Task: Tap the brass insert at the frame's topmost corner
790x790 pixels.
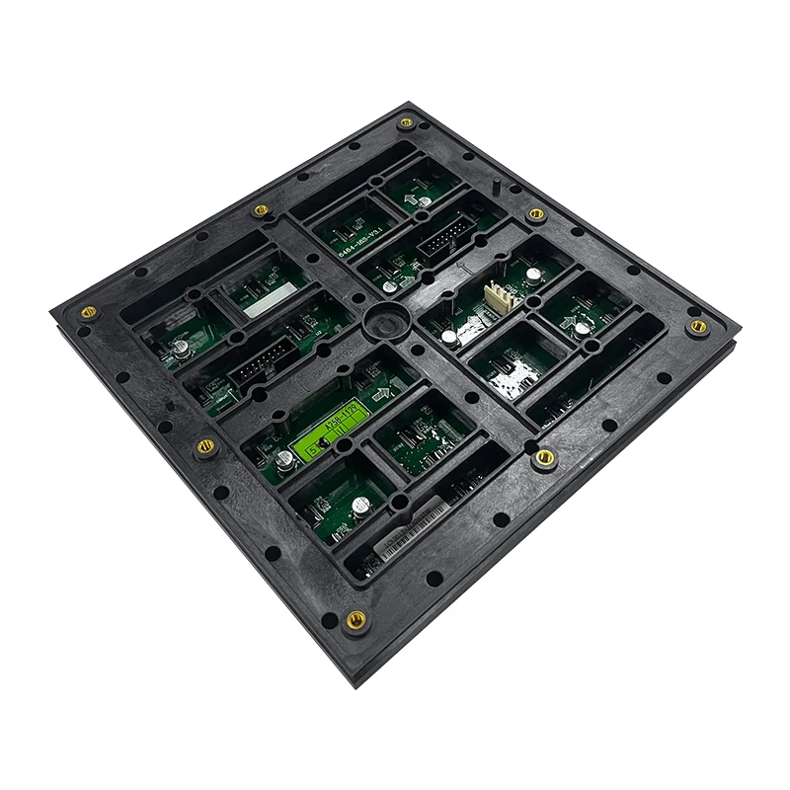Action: (405, 123)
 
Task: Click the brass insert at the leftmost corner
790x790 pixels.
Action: (88, 312)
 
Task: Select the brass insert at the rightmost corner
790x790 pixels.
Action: (698, 325)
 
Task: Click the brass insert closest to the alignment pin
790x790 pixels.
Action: (535, 213)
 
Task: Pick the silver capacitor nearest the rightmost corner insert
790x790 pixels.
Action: (583, 327)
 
